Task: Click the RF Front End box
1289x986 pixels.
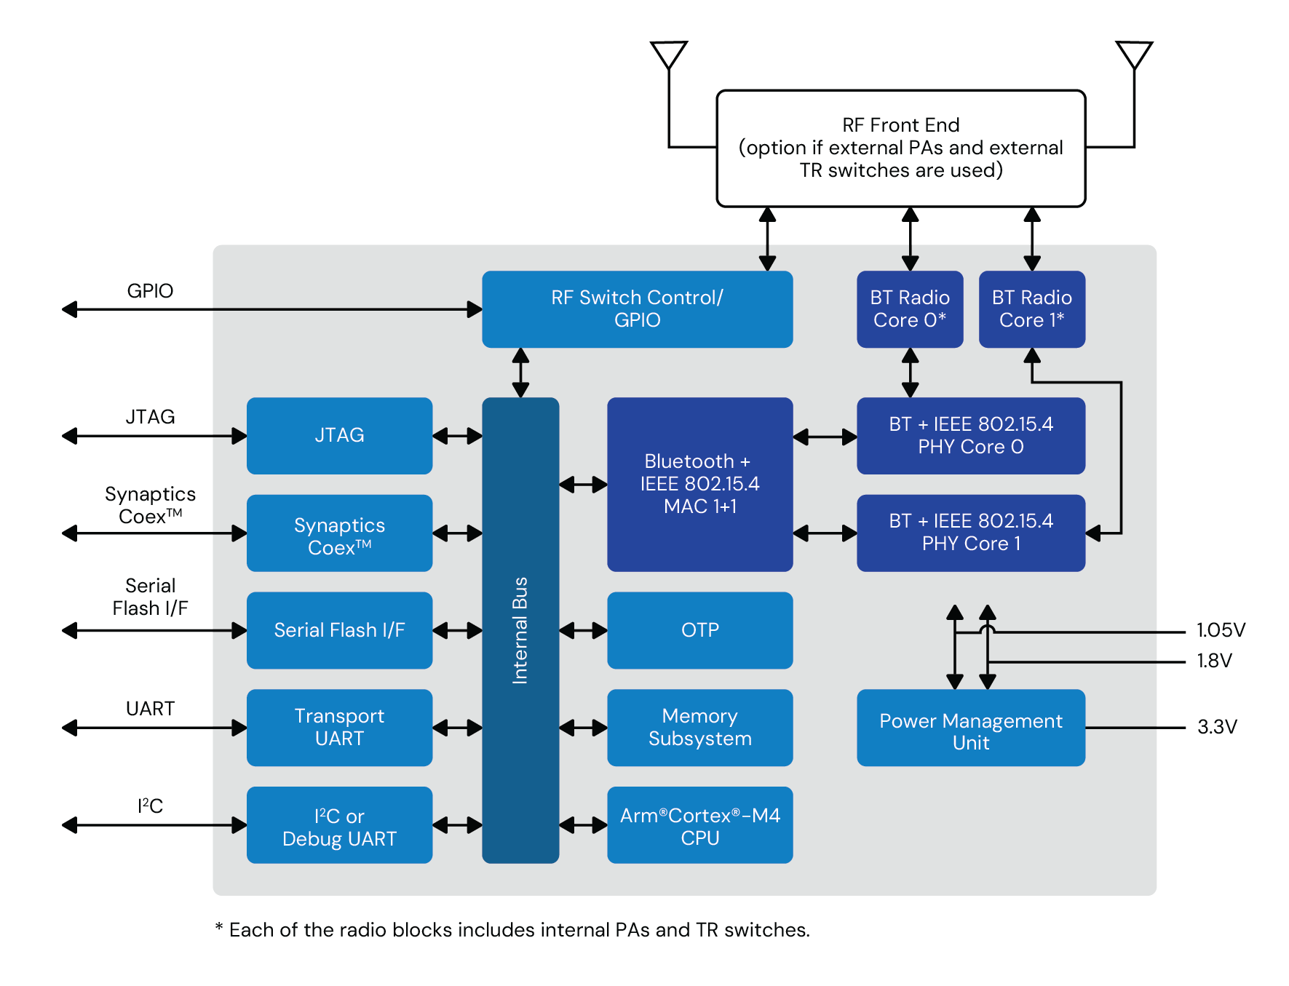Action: click(900, 148)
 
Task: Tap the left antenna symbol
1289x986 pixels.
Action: click(668, 55)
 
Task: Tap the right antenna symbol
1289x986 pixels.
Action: click(1133, 55)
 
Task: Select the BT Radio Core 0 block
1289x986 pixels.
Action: click(909, 309)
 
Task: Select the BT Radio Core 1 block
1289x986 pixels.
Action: click(1031, 309)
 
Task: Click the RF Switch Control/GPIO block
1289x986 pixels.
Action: click(637, 309)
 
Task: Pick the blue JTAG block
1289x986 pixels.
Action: click(339, 435)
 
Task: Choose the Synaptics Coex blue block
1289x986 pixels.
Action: click(339, 533)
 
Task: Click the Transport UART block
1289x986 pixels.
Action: click(339, 727)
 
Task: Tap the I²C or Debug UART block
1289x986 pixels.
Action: click(339, 825)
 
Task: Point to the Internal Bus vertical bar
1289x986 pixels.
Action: click(520, 630)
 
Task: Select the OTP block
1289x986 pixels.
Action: click(699, 630)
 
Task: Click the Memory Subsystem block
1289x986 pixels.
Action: click(699, 727)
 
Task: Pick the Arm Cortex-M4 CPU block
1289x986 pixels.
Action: click(699, 825)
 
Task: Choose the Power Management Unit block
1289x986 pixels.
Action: click(970, 728)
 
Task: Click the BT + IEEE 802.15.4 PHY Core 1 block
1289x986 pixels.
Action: click(970, 533)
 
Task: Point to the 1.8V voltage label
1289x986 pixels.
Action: click(1214, 661)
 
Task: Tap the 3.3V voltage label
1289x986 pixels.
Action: click(1217, 727)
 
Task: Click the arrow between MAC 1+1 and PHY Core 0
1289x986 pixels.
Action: click(825, 437)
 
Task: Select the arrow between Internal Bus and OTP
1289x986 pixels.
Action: click(583, 630)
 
